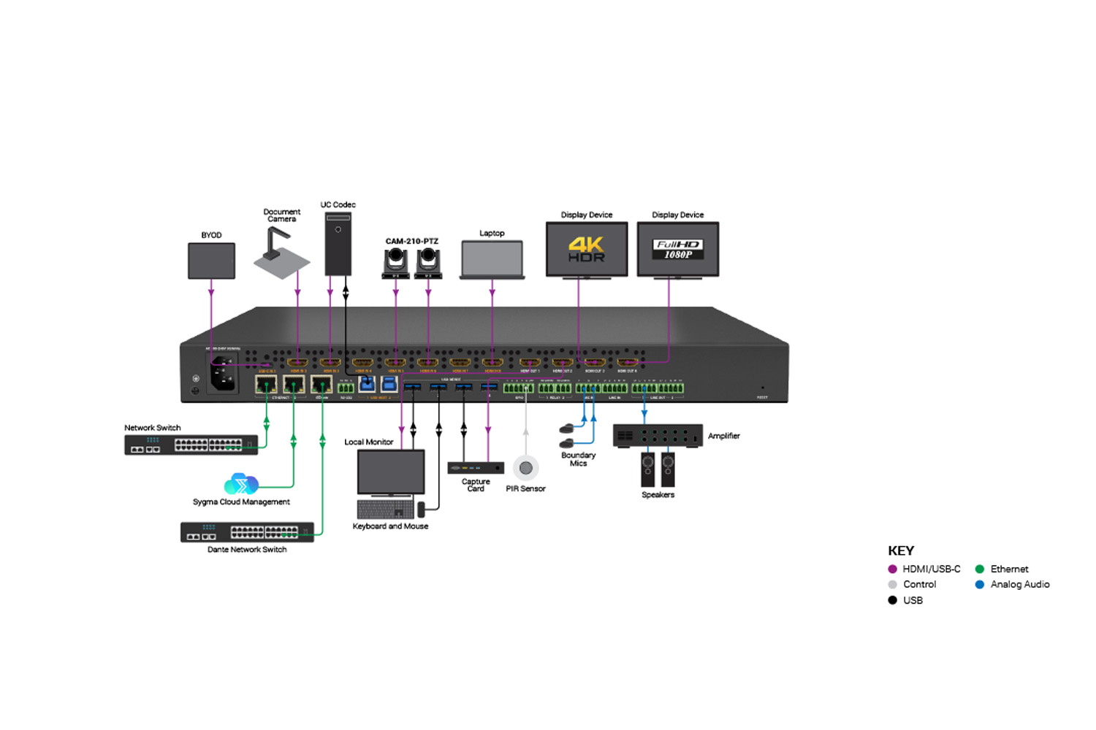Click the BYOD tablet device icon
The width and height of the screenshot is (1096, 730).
[x=211, y=261]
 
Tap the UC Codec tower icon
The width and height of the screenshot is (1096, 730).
[x=338, y=244]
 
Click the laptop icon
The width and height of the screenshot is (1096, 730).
[x=492, y=260]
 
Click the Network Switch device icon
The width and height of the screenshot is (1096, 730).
[x=191, y=445]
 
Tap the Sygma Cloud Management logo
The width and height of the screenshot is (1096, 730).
[x=240, y=484]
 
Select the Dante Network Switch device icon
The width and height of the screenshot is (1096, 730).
[x=247, y=532]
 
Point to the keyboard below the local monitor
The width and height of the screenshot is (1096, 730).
[x=386, y=509]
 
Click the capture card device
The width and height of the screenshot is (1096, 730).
[x=476, y=468]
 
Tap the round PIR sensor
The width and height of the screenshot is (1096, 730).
[x=525, y=468]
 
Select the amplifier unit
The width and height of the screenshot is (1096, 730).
[x=657, y=436]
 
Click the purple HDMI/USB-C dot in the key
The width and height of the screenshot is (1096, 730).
[x=892, y=569]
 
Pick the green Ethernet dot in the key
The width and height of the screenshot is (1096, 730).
[x=980, y=569]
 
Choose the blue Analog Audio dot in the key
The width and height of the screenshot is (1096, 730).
[x=980, y=585]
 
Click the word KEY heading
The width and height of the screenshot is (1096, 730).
[x=901, y=551]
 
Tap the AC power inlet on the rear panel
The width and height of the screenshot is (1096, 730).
[x=224, y=374]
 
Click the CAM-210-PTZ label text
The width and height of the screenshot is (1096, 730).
[x=412, y=241]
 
